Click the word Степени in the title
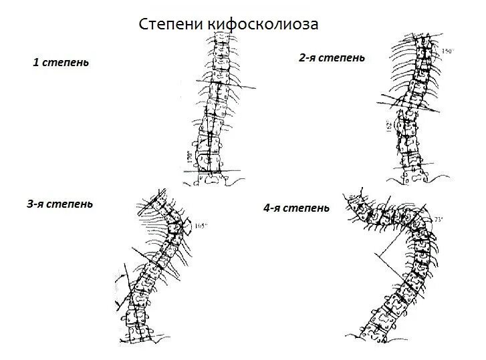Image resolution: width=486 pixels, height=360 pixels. point(171,25)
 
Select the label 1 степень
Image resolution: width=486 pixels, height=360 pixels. point(61,63)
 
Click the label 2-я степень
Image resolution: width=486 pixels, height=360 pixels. point(332,58)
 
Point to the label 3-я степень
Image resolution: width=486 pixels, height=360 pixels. point(59,204)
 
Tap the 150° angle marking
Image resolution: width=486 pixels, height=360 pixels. point(448,51)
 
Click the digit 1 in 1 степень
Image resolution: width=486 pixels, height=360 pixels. point(35,63)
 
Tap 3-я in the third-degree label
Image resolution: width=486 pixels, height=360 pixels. point(37,204)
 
